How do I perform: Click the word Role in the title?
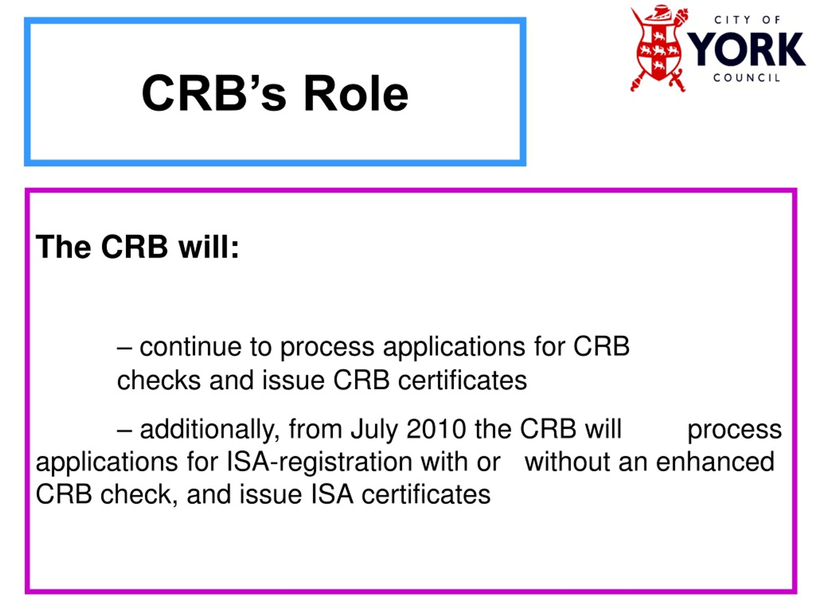tap(356, 93)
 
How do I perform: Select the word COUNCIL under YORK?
tap(747, 78)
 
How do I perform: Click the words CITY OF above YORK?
tap(747, 20)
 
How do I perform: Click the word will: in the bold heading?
tap(209, 246)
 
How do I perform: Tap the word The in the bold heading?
tap(63, 246)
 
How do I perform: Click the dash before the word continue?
tap(124, 349)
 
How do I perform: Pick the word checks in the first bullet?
tap(159, 381)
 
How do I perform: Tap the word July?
tap(374, 429)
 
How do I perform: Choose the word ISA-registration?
tap(319, 462)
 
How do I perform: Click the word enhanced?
tap(715, 462)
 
